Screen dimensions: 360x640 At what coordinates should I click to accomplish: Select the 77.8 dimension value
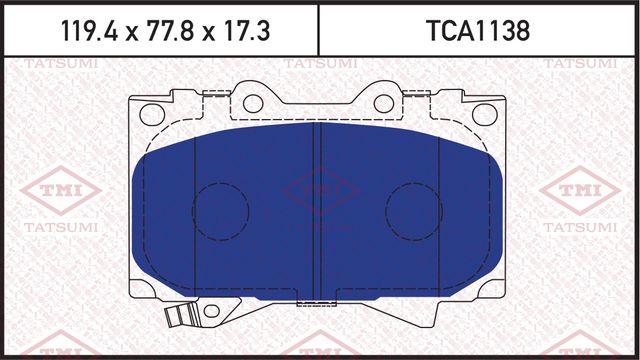click(x=159, y=31)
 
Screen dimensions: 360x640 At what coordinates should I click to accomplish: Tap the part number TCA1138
click(x=477, y=31)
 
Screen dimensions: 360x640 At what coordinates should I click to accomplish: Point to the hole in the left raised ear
click(x=253, y=103)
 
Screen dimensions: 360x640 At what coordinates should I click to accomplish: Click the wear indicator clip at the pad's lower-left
click(x=178, y=318)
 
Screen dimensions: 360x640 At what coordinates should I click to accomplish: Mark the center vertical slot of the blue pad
click(x=316, y=210)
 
